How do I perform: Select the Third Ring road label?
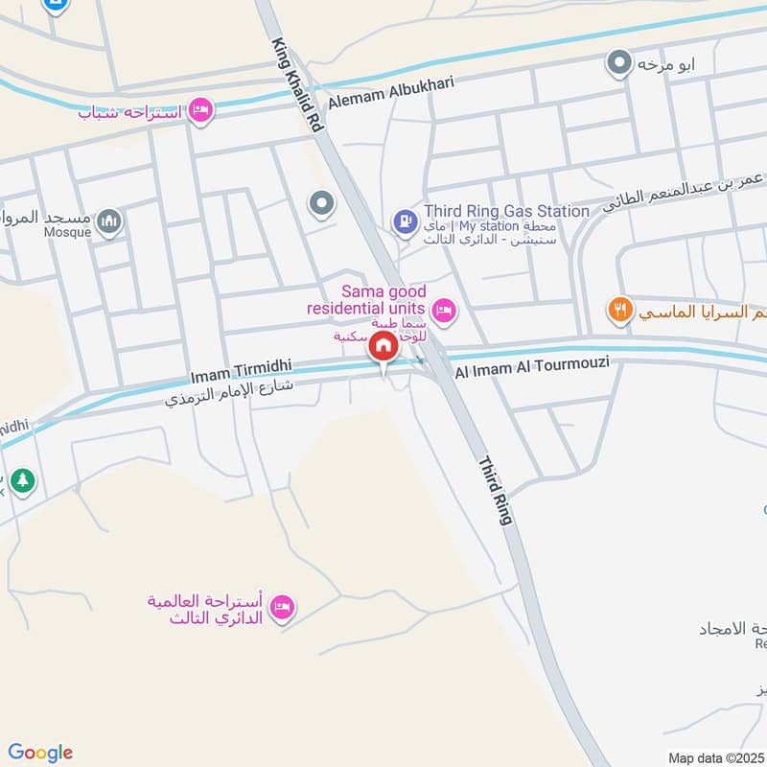pyautogui.click(x=496, y=489)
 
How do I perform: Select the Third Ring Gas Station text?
pyautogui.click(x=507, y=211)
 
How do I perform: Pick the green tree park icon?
pyautogui.click(x=23, y=481)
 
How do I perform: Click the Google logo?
pyautogui.click(x=40, y=753)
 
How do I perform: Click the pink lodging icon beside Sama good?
pyautogui.click(x=443, y=310)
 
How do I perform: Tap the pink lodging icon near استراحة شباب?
pyautogui.click(x=199, y=111)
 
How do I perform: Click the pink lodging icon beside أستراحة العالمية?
pyautogui.click(x=281, y=608)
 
